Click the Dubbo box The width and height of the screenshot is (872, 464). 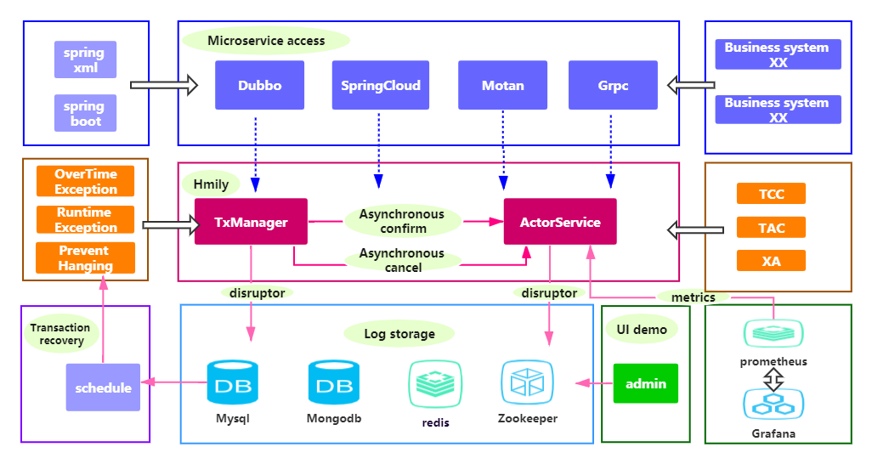click(259, 85)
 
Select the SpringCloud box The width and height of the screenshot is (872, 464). click(380, 85)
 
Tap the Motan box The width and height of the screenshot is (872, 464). click(502, 85)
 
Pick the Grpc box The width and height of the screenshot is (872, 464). click(612, 85)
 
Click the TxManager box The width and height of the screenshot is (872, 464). click(251, 223)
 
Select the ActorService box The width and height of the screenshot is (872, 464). click(560, 223)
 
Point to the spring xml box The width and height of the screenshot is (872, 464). click(84, 59)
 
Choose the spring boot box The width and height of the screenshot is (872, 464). click(84, 113)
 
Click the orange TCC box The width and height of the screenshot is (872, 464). click(771, 194)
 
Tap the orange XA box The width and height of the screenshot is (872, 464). click(771, 261)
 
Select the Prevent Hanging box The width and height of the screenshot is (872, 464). click(85, 258)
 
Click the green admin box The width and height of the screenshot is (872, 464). click(646, 383)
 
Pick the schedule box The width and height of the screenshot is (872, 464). click(103, 388)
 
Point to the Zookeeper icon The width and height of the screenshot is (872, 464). click(528, 382)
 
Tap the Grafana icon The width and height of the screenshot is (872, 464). click(773, 405)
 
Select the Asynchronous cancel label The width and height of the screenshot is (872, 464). click(402, 260)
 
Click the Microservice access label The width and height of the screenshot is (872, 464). click(266, 40)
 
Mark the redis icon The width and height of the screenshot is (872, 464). click(435, 383)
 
